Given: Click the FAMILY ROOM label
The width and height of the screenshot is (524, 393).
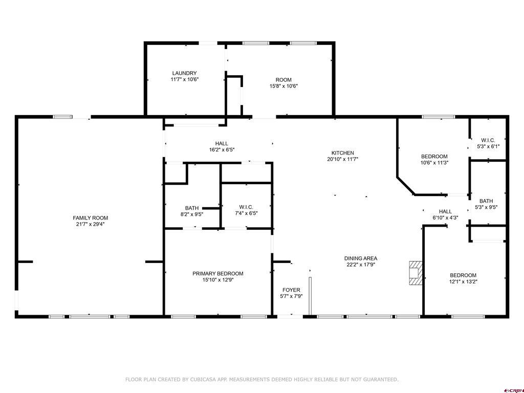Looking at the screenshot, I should pyautogui.click(x=91, y=218).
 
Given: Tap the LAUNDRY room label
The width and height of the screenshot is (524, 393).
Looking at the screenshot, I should pyautogui.click(x=184, y=73).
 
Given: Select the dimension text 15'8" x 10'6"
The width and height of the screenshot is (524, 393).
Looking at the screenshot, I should pyautogui.click(x=283, y=86).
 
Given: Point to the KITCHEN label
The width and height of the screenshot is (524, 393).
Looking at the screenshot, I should pyautogui.click(x=342, y=153).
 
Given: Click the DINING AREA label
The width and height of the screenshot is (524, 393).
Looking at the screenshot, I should pyautogui.click(x=360, y=258).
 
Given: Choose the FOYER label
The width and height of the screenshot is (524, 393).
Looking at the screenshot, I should pyautogui.click(x=291, y=290).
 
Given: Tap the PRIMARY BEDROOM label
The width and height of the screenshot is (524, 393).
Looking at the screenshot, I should pyautogui.click(x=217, y=274).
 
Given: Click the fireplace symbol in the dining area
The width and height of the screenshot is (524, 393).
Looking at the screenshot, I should pyautogui.click(x=416, y=273).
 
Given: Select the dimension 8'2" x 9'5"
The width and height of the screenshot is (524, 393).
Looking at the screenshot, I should pyautogui.click(x=192, y=214).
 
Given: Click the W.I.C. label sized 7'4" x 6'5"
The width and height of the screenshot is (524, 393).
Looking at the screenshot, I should pyautogui.click(x=246, y=207).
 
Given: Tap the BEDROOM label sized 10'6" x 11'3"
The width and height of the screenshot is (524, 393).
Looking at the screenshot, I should pyautogui.click(x=434, y=157).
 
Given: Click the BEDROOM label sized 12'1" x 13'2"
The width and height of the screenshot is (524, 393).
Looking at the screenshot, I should pyautogui.click(x=463, y=275).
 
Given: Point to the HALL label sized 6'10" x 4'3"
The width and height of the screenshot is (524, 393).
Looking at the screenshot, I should pyautogui.click(x=445, y=211).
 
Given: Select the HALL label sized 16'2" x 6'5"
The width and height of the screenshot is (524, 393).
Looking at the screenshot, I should pyautogui.click(x=222, y=143).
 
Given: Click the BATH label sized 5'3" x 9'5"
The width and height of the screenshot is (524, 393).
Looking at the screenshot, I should pyautogui.click(x=486, y=201).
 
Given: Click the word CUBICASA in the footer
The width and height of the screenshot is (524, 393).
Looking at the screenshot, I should pyautogui.click(x=202, y=380).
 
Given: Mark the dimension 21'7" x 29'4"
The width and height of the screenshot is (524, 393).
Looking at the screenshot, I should pyautogui.click(x=91, y=224).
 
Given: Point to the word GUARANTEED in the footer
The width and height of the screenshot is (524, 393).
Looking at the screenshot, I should pyautogui.click(x=379, y=380).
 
